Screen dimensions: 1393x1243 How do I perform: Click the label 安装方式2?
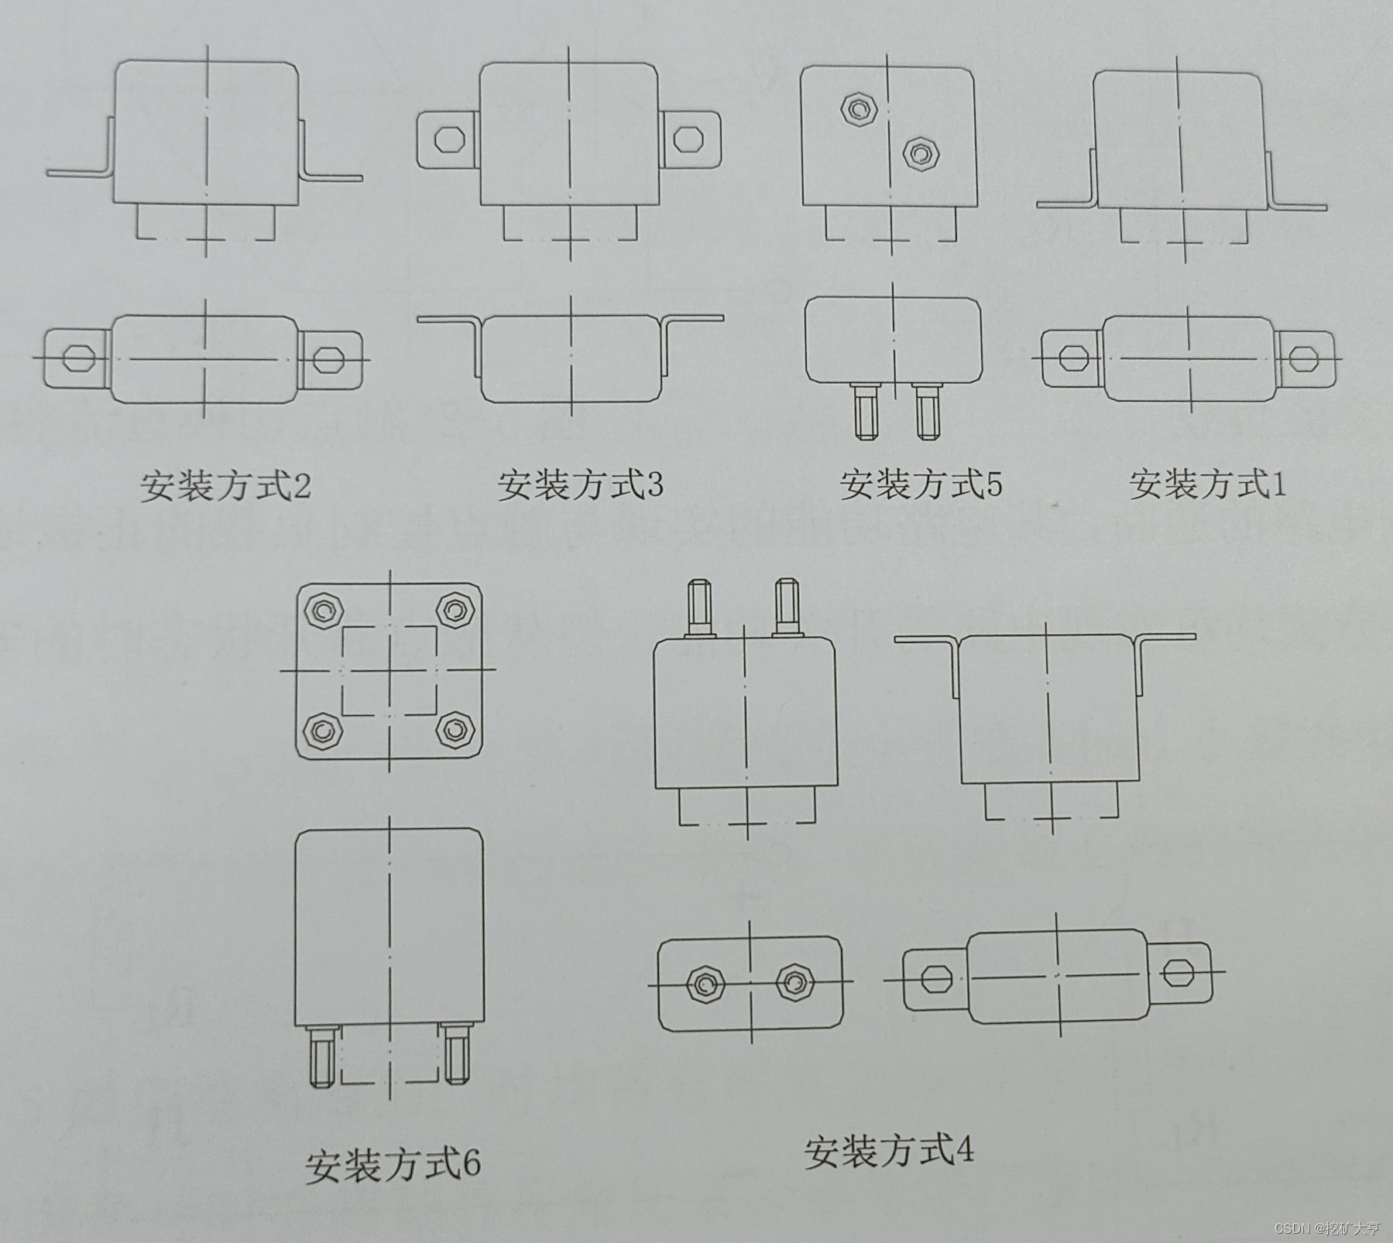225,486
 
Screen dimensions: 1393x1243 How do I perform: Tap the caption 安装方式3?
580,485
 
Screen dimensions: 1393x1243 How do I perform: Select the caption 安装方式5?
921,484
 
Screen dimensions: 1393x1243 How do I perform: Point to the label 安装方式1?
1208,484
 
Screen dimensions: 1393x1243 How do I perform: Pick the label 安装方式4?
888,1152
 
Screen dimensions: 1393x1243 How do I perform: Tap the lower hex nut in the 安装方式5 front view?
919,152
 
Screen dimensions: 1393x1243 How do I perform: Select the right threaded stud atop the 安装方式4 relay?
785,608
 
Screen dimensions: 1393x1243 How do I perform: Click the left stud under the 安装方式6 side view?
324,1056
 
